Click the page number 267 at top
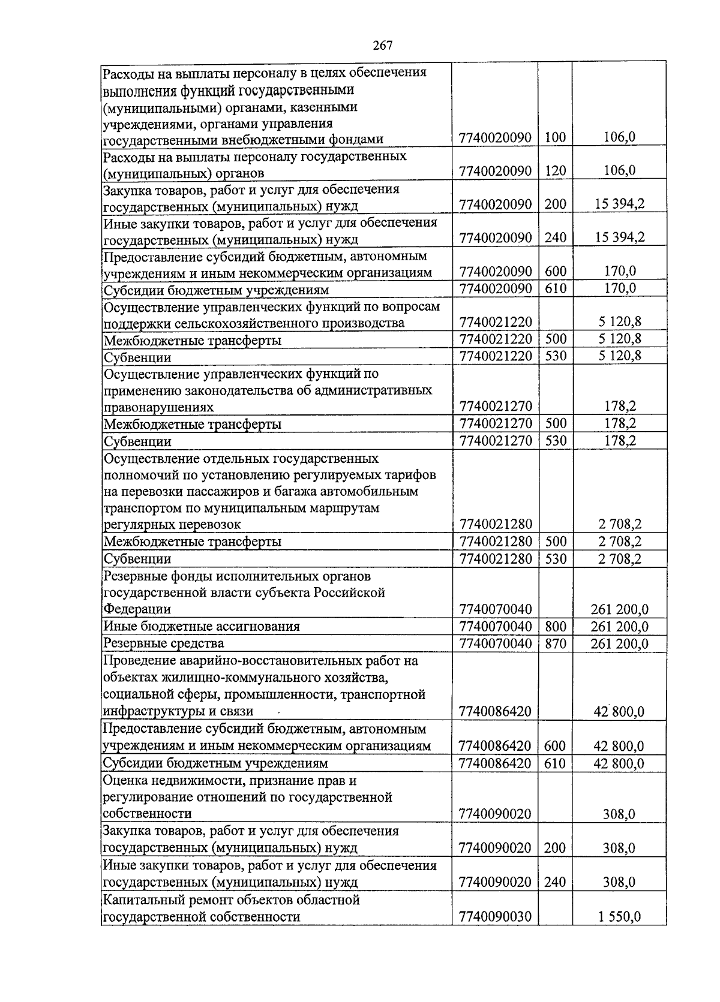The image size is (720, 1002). click(382, 46)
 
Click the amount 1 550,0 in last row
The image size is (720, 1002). click(619, 917)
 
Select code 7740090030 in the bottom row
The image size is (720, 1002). click(494, 917)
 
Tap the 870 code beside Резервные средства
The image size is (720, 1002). click(555, 644)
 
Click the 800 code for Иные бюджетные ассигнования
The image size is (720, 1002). click(555, 627)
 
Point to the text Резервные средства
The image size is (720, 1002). click(164, 643)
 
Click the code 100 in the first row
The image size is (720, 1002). click(555, 137)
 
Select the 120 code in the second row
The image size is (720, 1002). click(555, 171)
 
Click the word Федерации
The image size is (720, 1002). click(137, 609)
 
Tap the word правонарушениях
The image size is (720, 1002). click(158, 407)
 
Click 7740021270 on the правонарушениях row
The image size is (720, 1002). click(494, 407)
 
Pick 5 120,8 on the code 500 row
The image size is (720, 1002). click(619, 339)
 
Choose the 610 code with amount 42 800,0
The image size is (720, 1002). click(555, 763)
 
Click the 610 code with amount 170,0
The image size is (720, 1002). click(555, 289)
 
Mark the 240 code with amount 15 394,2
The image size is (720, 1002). click(555, 237)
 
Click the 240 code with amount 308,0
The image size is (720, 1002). click(555, 882)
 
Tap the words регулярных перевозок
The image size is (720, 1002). click(172, 525)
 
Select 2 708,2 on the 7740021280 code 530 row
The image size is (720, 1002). click(619, 559)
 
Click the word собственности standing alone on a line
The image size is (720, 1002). click(147, 814)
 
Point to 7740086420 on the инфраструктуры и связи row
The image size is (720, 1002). click(494, 712)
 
